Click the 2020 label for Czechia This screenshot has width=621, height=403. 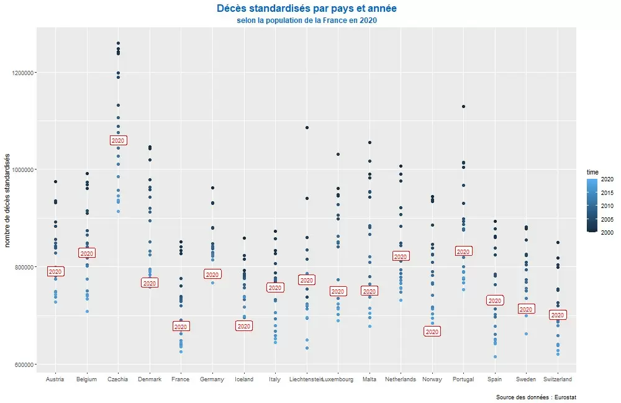tap(118, 140)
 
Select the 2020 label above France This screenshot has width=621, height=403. tap(181, 327)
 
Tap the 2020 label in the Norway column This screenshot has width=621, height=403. tap(432, 332)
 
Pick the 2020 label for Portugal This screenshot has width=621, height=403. tap(464, 251)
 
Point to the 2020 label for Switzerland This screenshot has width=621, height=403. tap(558, 315)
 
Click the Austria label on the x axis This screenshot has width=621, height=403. tap(55, 379)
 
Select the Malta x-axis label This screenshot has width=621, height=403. tap(369, 379)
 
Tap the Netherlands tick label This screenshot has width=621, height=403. tap(401, 379)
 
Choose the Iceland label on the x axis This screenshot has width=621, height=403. tap(244, 379)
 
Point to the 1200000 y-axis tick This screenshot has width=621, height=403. tap(24, 73)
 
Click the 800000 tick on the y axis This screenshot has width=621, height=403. tap(25, 267)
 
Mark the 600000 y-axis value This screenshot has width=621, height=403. tap(25, 364)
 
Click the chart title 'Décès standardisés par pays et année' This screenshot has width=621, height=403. tap(307, 9)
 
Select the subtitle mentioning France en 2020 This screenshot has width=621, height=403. tap(307, 20)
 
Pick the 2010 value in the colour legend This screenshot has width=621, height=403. tap(607, 206)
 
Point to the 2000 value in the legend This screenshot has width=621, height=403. tap(607, 232)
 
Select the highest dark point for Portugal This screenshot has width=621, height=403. tap(464, 107)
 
